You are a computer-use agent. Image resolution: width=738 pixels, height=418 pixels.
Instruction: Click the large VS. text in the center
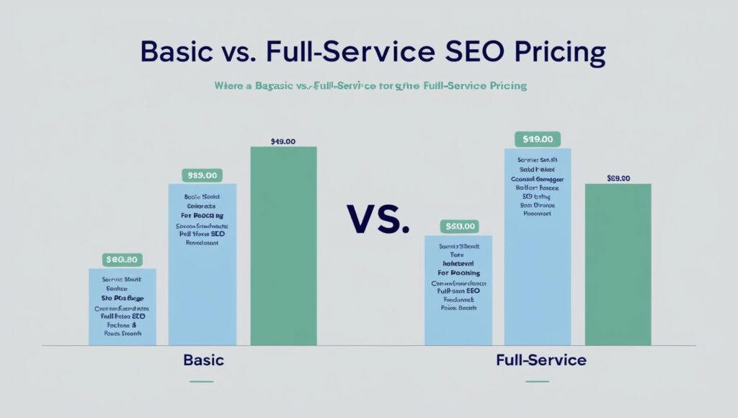tap(378, 219)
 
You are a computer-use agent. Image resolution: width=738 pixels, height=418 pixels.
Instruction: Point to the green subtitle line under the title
tap(370, 86)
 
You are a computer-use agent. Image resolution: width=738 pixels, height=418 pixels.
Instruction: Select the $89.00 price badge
tap(203, 175)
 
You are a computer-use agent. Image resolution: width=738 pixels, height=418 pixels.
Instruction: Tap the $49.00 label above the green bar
tap(283, 141)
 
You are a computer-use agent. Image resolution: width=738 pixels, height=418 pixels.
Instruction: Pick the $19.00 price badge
tap(538, 139)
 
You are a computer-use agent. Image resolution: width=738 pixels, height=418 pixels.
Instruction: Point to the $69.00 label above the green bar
tap(618, 178)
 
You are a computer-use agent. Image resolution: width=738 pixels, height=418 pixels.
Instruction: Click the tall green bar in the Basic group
tap(283, 245)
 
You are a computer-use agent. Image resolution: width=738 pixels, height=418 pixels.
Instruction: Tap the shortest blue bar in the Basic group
tap(123, 307)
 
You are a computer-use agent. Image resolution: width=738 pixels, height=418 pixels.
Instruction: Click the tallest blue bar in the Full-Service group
tap(538, 246)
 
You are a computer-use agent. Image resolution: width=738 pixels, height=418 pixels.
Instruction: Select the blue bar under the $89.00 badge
tap(203, 264)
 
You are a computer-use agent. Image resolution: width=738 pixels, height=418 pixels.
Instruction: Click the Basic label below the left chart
tap(203, 360)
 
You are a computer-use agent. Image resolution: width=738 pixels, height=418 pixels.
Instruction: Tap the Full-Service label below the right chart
tap(541, 360)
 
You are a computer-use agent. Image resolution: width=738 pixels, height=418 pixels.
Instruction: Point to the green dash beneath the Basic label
tap(202, 380)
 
